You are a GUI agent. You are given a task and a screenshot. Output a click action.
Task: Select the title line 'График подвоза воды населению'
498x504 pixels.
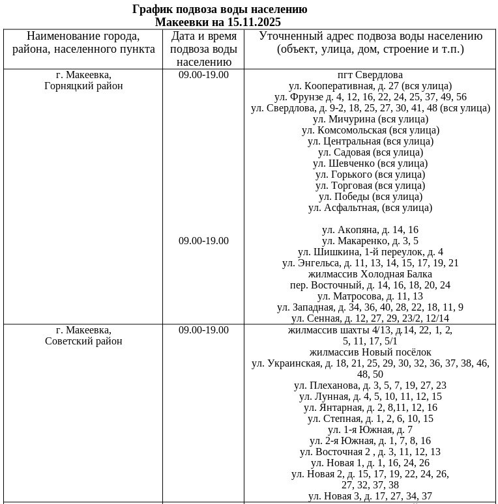[x=220, y=10]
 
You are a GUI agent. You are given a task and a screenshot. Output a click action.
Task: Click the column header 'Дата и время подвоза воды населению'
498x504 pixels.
[x=203, y=49]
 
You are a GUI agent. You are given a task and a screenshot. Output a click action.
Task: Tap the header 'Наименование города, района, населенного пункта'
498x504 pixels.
[x=83, y=42]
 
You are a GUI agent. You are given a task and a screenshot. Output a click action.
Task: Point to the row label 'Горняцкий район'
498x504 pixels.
[x=83, y=86]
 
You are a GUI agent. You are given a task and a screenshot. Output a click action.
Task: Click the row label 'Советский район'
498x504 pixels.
[x=83, y=341]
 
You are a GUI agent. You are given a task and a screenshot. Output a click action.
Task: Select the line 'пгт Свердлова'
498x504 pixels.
[x=370, y=75]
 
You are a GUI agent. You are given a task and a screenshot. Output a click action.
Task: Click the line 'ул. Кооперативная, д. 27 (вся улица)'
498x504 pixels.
[x=370, y=86]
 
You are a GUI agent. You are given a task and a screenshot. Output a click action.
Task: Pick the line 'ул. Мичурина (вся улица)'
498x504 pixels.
[x=370, y=119]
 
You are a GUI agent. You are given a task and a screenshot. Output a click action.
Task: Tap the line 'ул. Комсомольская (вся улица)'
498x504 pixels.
[x=370, y=130]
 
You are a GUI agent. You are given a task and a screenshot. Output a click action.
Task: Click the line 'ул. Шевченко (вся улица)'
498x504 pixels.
[x=370, y=163]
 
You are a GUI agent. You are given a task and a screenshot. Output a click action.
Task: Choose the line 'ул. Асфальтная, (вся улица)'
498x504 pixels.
[x=370, y=208]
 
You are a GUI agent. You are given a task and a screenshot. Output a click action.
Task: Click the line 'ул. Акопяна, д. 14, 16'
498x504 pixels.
[x=370, y=230]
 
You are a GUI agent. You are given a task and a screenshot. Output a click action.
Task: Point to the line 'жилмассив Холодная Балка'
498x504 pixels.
[x=370, y=274]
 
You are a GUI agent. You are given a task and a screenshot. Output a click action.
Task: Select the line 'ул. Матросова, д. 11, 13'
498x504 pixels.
[x=370, y=296]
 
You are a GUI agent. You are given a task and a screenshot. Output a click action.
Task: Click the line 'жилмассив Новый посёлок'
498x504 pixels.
[x=370, y=352]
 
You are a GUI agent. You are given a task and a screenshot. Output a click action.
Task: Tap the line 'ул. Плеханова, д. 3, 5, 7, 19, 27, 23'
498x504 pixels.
[x=370, y=385]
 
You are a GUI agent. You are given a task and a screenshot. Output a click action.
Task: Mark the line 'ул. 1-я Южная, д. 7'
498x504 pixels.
[x=370, y=430]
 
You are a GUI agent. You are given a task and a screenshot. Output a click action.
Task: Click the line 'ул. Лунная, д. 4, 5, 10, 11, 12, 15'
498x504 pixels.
[x=370, y=397]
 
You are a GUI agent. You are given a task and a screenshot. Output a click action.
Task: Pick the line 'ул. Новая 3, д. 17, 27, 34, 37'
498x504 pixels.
[x=370, y=496]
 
